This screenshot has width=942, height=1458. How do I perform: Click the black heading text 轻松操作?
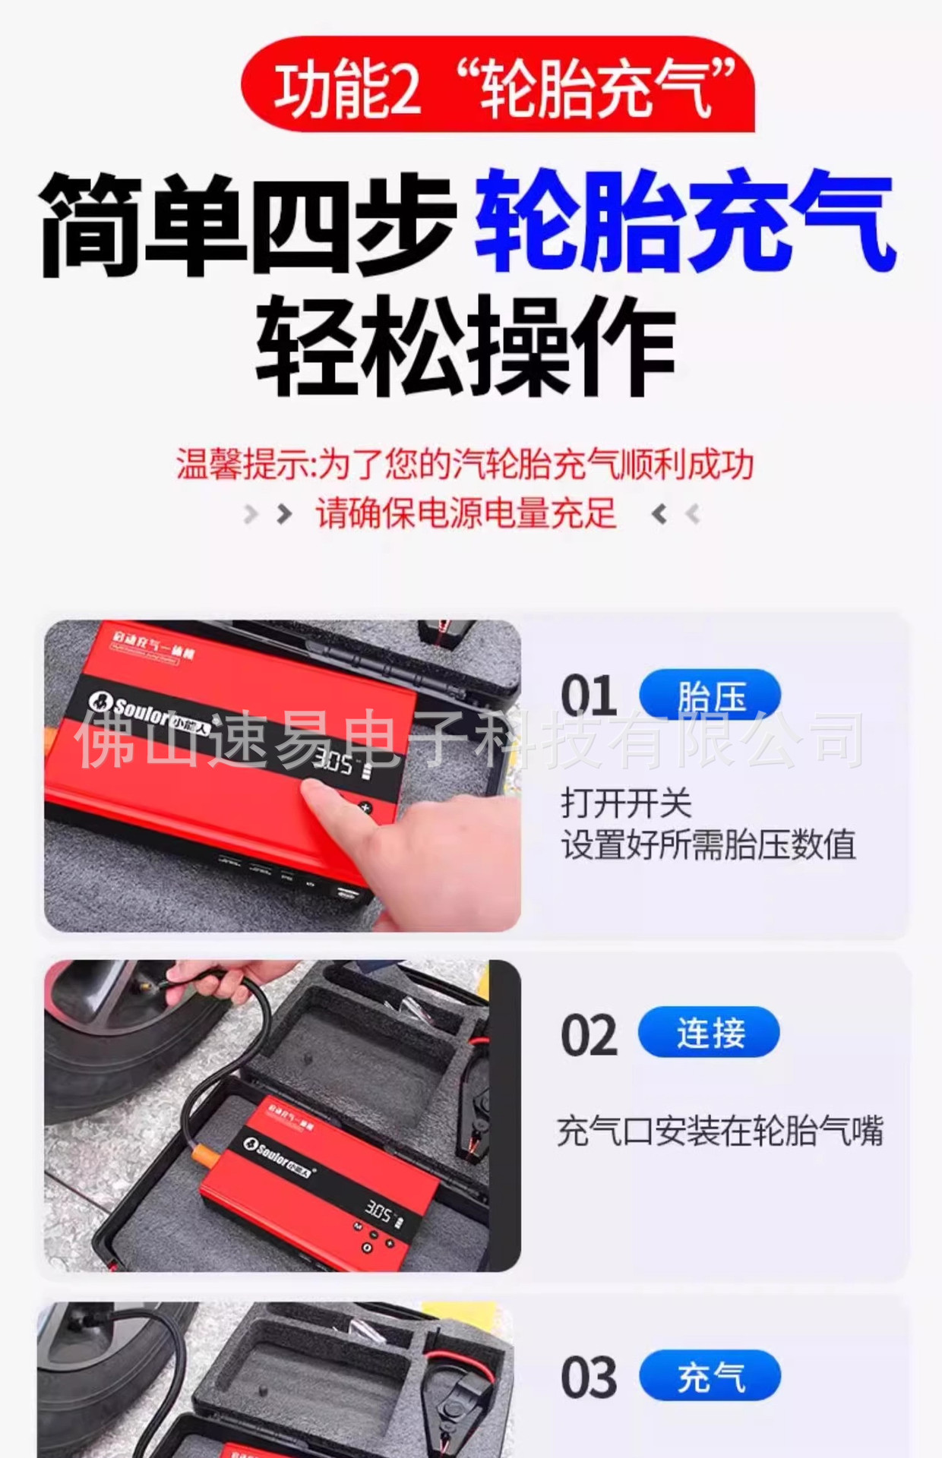tap(465, 347)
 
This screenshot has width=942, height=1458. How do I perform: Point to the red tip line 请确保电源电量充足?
tap(465, 514)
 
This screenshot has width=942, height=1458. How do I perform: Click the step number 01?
tap(588, 696)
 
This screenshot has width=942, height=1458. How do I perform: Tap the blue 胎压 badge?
tap(710, 695)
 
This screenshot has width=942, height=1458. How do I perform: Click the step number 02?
tap(588, 1035)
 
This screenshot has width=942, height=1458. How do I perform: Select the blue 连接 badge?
tap(709, 1033)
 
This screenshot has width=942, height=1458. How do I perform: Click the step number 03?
tap(588, 1378)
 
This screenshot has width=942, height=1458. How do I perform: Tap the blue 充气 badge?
tap(710, 1376)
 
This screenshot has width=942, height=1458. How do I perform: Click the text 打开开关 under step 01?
tap(626, 803)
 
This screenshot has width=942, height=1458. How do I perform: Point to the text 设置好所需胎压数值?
tap(708, 844)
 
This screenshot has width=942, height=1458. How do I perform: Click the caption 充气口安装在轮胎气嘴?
tap(719, 1131)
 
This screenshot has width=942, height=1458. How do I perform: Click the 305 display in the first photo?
tap(334, 761)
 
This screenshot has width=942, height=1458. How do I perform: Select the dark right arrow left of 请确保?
tap(284, 514)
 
